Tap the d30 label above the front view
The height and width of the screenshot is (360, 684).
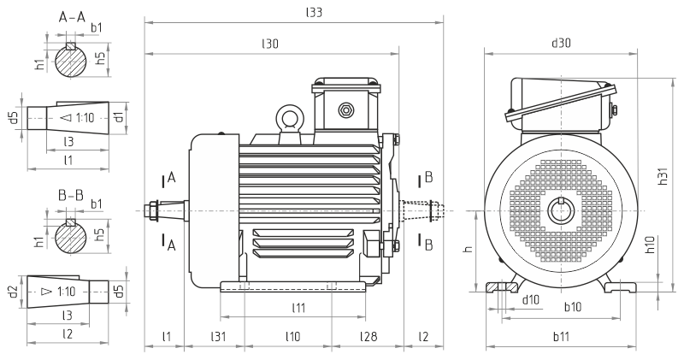[561, 43]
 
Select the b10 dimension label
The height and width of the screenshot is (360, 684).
[571, 306]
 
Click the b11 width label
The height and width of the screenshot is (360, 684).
[562, 336]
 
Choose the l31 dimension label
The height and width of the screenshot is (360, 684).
[219, 336]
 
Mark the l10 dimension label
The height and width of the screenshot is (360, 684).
[292, 336]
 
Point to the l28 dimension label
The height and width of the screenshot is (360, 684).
[368, 336]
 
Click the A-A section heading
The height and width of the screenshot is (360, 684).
[70, 17]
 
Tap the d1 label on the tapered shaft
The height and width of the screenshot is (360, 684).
[120, 115]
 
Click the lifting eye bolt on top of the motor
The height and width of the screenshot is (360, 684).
[288, 118]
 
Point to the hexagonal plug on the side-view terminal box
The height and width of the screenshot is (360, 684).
[346, 109]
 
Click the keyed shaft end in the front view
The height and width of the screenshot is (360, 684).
[561, 209]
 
